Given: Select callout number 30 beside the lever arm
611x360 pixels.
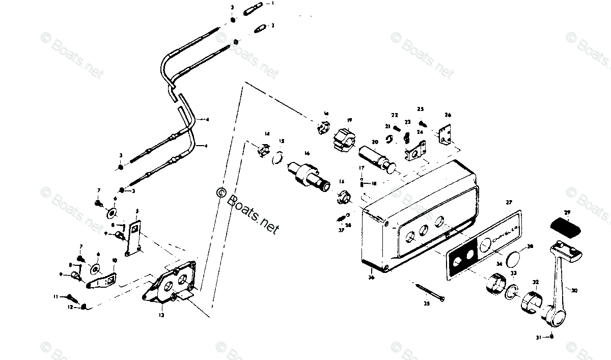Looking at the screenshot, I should tap(574, 291).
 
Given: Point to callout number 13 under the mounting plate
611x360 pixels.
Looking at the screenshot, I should tap(161, 316).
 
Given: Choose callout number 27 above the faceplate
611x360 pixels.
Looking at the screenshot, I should tap(508, 203).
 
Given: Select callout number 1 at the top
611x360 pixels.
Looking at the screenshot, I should tap(272, 3).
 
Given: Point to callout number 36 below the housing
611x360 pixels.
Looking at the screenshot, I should tap(371, 278).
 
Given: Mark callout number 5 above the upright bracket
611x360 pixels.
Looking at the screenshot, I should tap(137, 211).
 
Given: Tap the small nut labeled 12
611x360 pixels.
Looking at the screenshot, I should tap(84, 307).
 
